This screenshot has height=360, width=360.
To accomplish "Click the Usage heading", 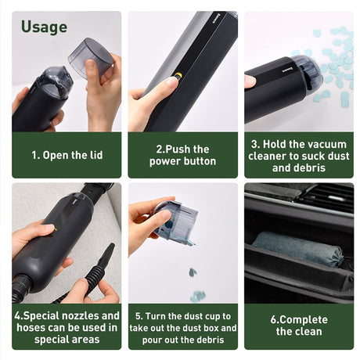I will click(x=44, y=27).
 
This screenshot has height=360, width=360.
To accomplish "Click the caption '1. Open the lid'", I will click(x=67, y=155).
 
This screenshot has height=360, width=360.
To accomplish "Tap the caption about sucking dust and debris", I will click(x=298, y=155).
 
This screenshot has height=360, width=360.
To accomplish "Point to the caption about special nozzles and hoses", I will click(x=67, y=327).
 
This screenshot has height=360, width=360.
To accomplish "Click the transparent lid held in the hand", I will click(x=93, y=56).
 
